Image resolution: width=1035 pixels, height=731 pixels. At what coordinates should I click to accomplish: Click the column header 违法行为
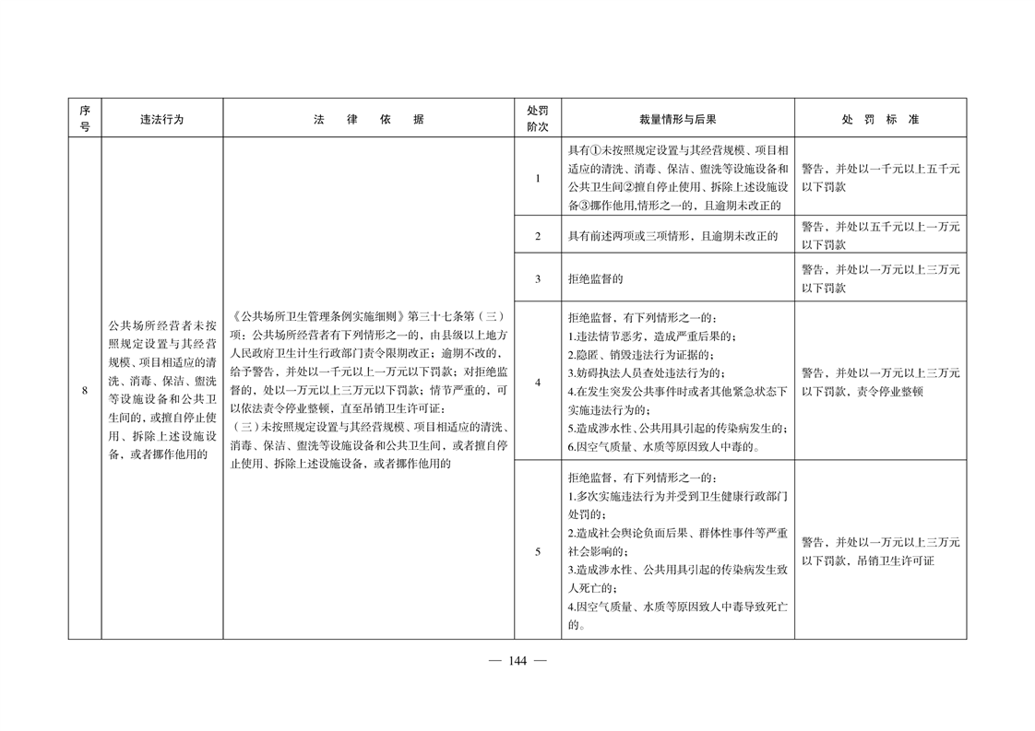coord(161,119)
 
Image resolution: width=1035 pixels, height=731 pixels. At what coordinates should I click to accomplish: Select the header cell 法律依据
coord(368,119)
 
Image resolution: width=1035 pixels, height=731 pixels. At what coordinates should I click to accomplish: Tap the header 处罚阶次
coord(537,119)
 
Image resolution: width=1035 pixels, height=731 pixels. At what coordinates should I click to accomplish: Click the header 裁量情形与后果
coord(677,119)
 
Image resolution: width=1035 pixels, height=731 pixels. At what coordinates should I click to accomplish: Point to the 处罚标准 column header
coord(879,119)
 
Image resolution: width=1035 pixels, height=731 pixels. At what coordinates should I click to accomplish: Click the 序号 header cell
coord(84,119)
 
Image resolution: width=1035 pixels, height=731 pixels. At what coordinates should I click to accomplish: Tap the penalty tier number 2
coord(537,236)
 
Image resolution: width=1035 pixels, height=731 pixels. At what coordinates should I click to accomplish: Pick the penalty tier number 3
coord(537,277)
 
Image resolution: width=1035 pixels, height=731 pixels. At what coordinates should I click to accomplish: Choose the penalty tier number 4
coord(537,382)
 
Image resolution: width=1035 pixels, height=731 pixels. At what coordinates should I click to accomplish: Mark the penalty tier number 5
coord(537,551)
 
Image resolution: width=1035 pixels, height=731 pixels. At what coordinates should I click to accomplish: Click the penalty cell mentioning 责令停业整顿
coord(879,382)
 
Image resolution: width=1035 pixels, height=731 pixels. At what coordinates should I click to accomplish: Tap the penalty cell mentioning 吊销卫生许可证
coord(879,551)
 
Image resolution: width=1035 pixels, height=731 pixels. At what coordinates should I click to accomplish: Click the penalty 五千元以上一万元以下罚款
coord(879,236)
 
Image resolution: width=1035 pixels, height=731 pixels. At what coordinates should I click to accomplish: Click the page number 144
coord(517,660)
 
